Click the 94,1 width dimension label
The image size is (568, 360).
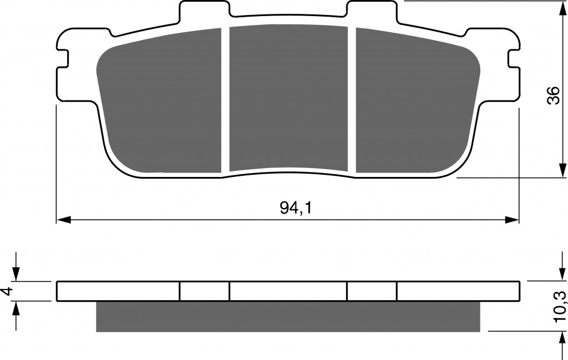[x=296, y=208]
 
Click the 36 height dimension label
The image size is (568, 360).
[x=553, y=95]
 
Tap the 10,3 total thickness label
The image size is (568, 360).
[x=559, y=307]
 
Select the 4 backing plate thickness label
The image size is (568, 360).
[x=8, y=291]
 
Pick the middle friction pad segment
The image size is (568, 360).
[x=288, y=98]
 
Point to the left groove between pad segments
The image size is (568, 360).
[x=225, y=100]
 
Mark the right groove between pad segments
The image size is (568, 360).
[x=352, y=100]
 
